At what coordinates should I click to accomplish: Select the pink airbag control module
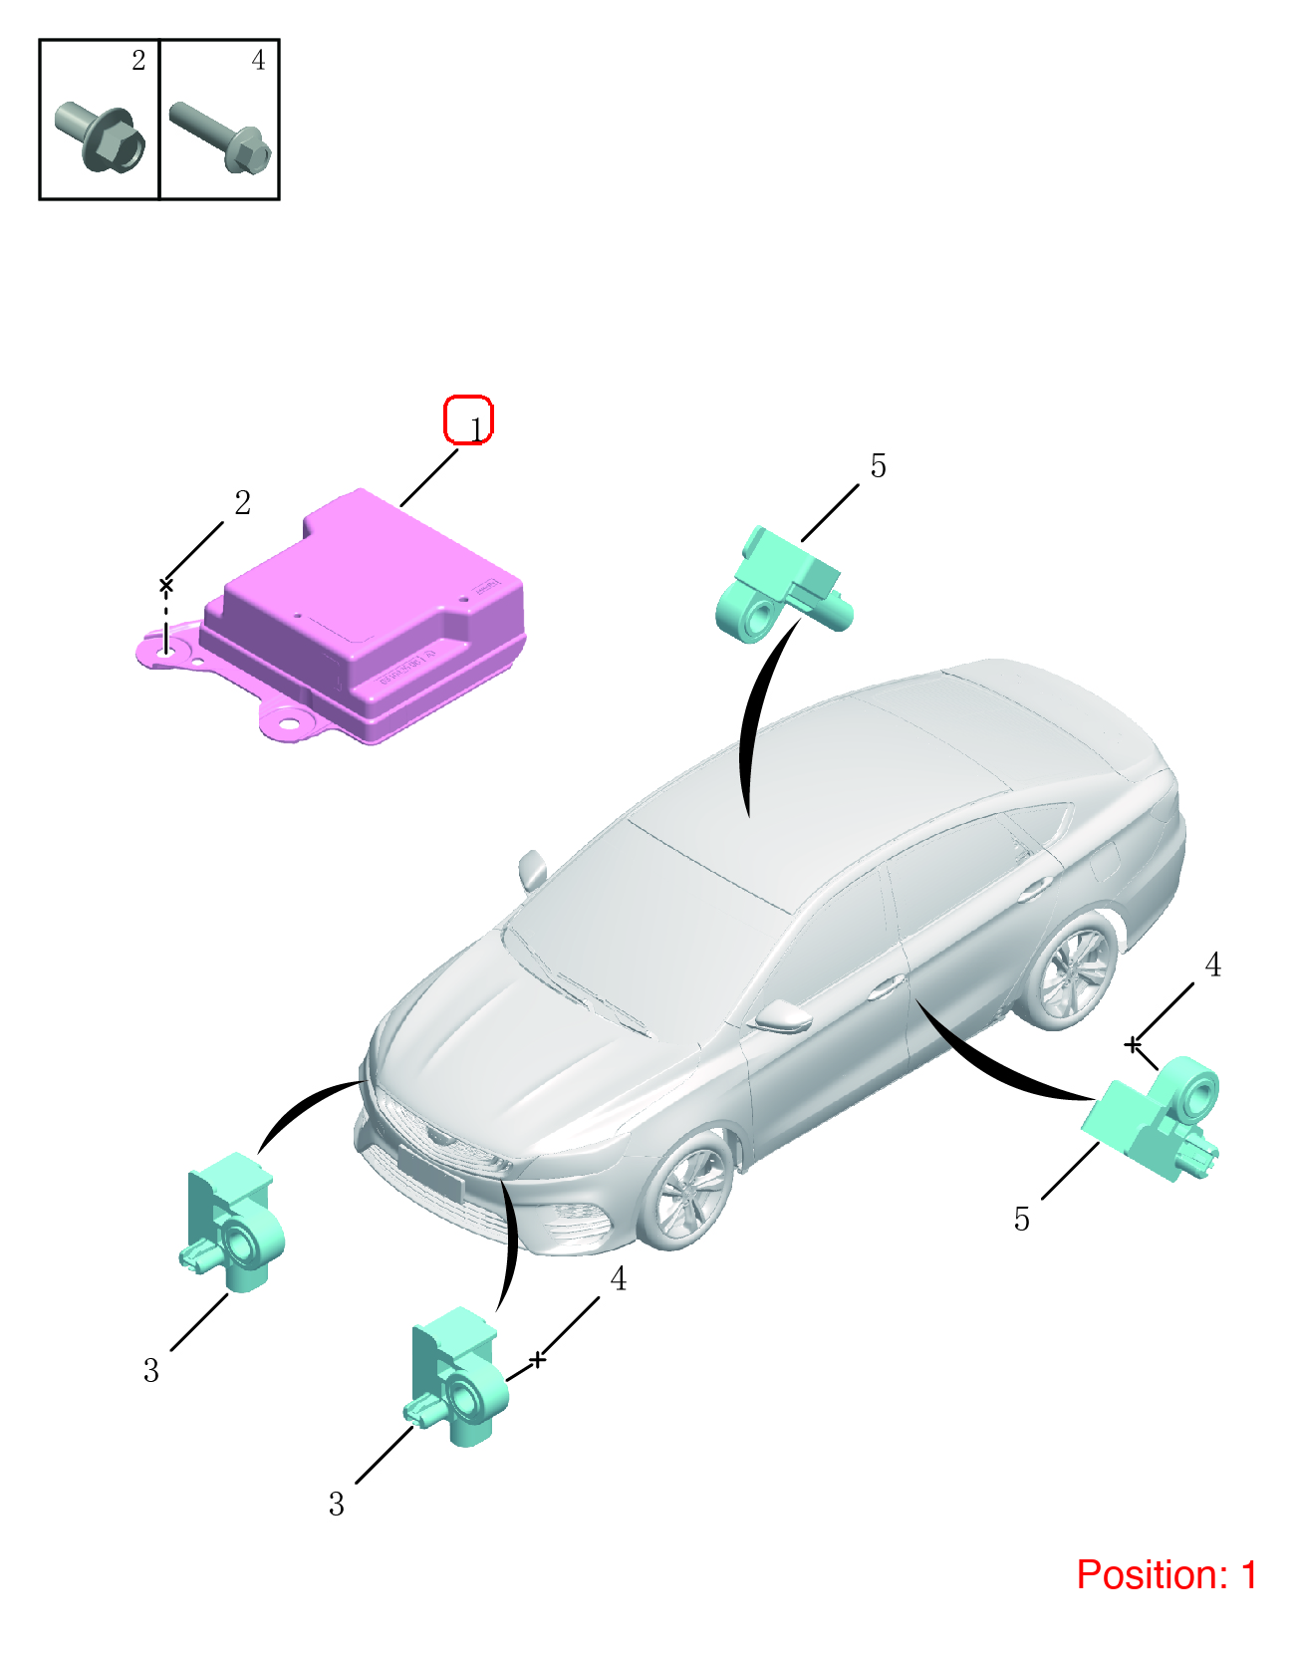(x=333, y=618)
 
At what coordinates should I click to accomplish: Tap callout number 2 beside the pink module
(x=242, y=502)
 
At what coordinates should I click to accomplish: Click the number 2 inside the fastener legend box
(x=137, y=60)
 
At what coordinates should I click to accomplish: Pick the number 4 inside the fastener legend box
(x=258, y=60)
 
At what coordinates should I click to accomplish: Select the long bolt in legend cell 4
(x=220, y=138)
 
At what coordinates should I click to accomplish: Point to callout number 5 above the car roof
(x=878, y=466)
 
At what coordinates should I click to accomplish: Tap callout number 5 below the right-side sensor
(x=1021, y=1220)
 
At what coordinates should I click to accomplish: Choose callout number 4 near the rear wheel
(x=1212, y=966)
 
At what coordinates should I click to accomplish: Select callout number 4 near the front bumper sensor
(x=619, y=1278)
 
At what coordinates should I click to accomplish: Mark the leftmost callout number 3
(x=151, y=1370)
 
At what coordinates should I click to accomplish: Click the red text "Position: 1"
(x=1166, y=1574)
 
